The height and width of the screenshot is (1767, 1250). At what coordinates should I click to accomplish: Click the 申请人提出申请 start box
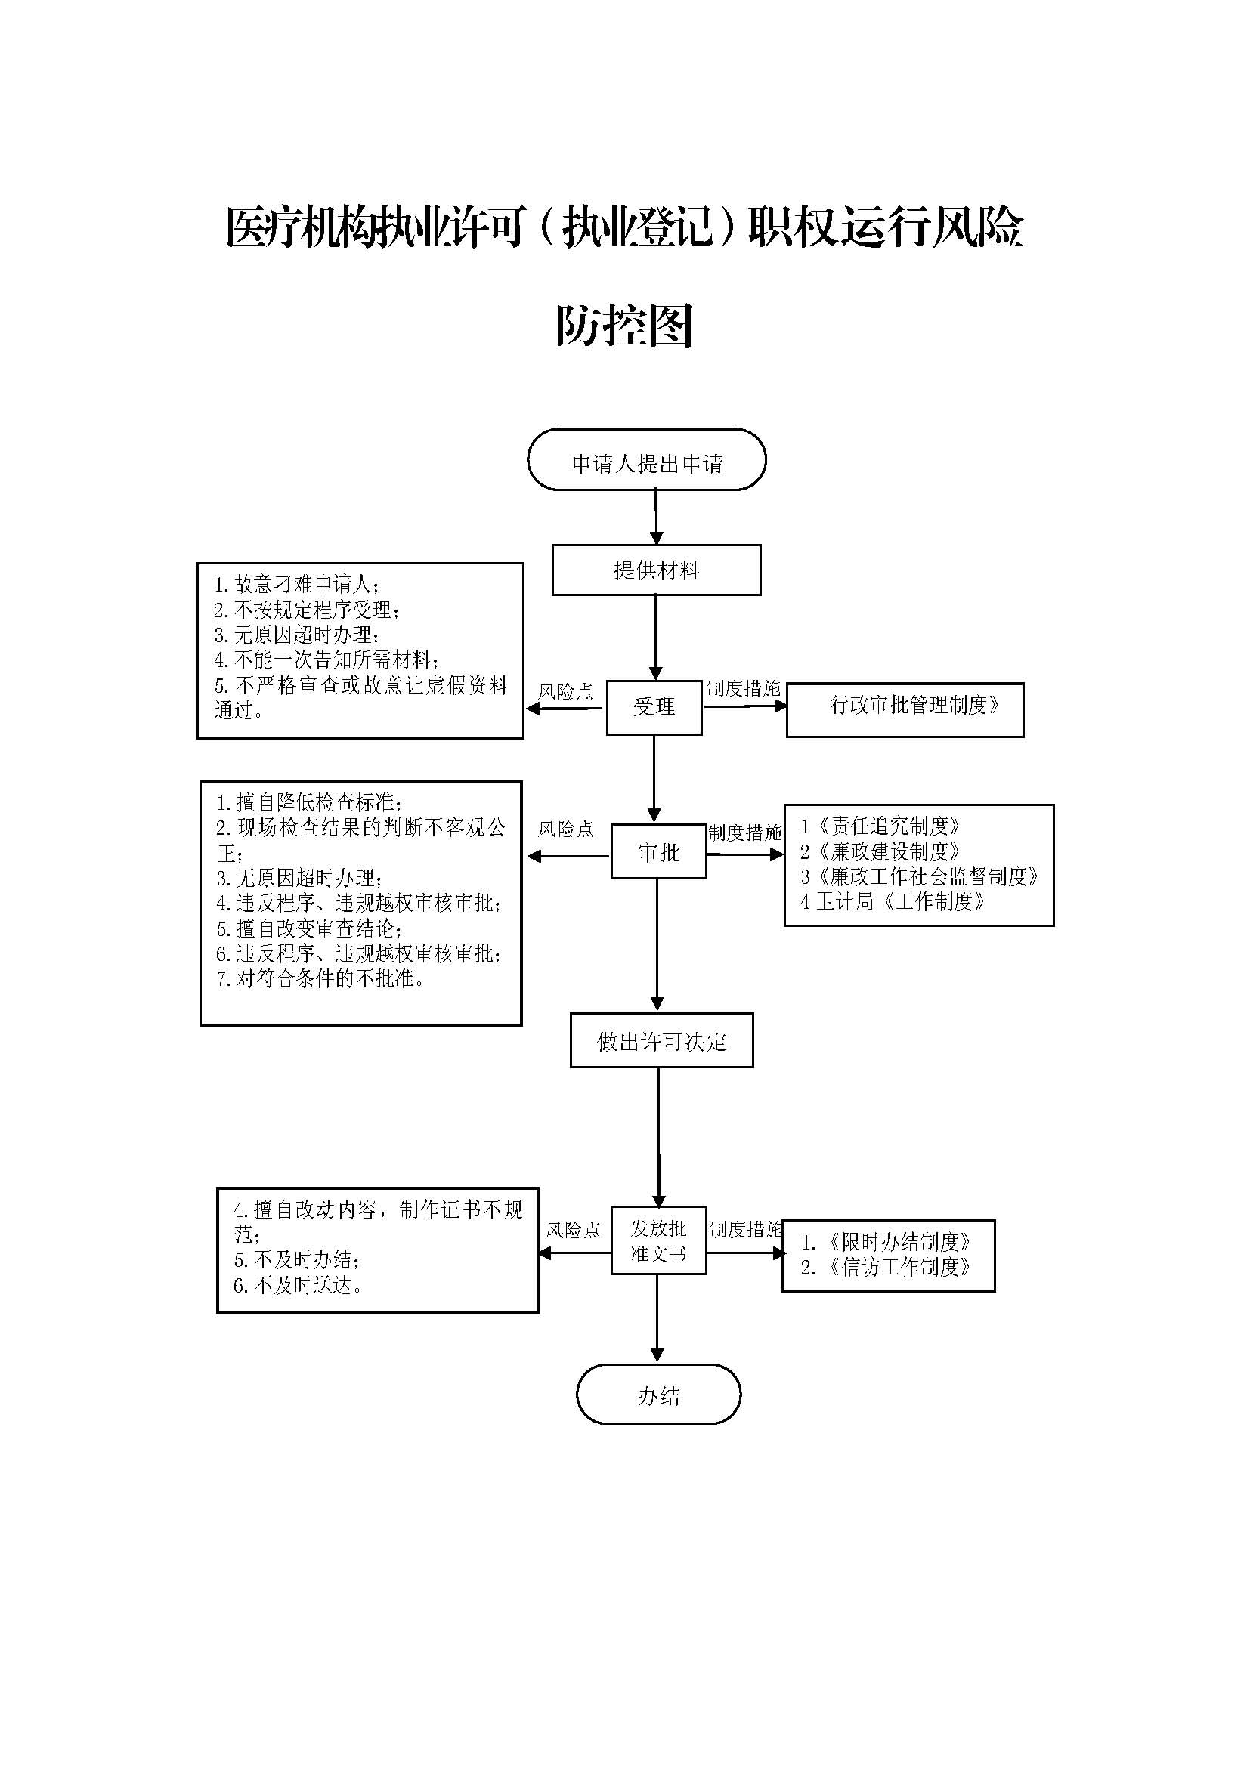click(x=647, y=460)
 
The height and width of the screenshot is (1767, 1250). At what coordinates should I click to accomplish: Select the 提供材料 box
click(x=656, y=570)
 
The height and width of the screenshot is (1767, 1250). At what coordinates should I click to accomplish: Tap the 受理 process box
click(x=654, y=708)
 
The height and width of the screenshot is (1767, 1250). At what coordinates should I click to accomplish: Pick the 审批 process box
click(x=659, y=852)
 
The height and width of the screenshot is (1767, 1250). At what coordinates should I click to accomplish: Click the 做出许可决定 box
click(x=661, y=1041)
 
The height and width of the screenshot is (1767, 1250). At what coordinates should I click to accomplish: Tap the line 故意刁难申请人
click(x=296, y=584)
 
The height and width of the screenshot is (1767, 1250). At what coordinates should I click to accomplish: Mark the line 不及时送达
click(x=299, y=1284)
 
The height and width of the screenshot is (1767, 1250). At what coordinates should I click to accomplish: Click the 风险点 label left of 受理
click(x=566, y=691)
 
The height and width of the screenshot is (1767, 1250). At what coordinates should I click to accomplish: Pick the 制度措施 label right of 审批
click(x=744, y=833)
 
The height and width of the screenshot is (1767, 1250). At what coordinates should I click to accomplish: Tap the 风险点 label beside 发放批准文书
click(x=573, y=1230)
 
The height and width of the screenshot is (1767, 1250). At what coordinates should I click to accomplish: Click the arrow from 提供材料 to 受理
click(x=656, y=638)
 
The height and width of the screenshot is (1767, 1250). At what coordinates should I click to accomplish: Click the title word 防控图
click(x=625, y=326)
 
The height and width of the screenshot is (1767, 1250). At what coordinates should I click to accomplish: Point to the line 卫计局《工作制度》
click(x=893, y=901)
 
